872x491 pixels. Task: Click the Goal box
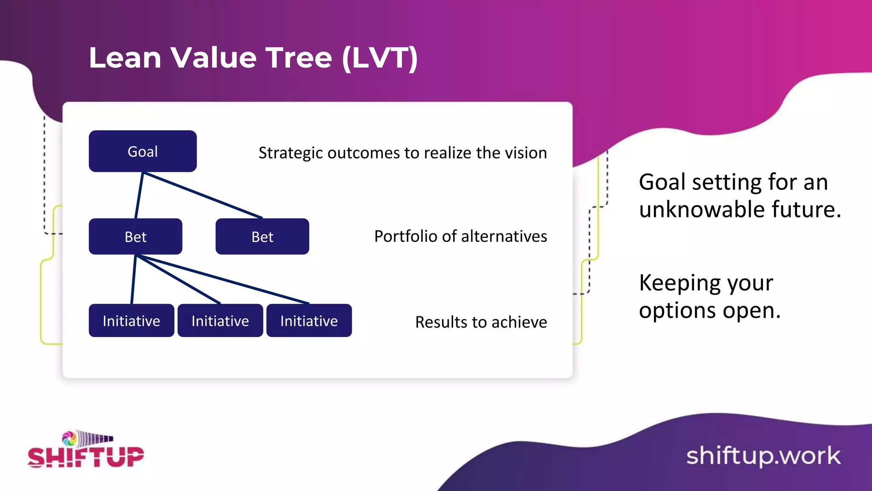143,151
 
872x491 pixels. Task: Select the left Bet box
135,237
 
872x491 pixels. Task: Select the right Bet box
262,237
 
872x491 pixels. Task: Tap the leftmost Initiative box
131,321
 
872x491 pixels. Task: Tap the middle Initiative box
220,321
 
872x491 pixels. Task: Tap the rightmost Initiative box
309,321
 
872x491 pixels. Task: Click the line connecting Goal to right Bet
203,195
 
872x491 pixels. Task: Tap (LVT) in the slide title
380,58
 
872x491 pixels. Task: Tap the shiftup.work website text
763,456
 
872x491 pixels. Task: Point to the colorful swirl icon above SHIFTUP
69,439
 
